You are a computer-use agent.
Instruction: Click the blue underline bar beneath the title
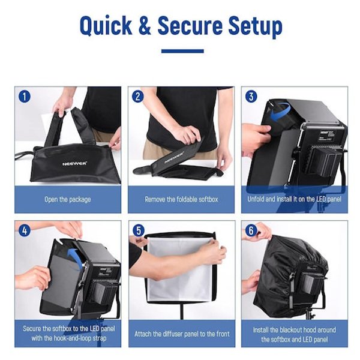[182, 51]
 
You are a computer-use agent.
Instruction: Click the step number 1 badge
[25, 97]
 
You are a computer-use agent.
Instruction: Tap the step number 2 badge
[138, 97]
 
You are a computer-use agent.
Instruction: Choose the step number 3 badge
[251, 97]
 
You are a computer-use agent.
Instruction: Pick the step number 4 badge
[25, 230]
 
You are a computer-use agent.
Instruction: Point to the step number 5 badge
[139, 230]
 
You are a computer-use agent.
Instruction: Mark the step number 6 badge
[251, 230]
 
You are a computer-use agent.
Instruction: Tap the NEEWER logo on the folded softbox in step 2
[174, 157]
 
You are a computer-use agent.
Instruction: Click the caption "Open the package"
[67, 200]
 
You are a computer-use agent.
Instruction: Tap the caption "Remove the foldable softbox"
[181, 199]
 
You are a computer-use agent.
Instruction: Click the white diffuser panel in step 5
[181, 269]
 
